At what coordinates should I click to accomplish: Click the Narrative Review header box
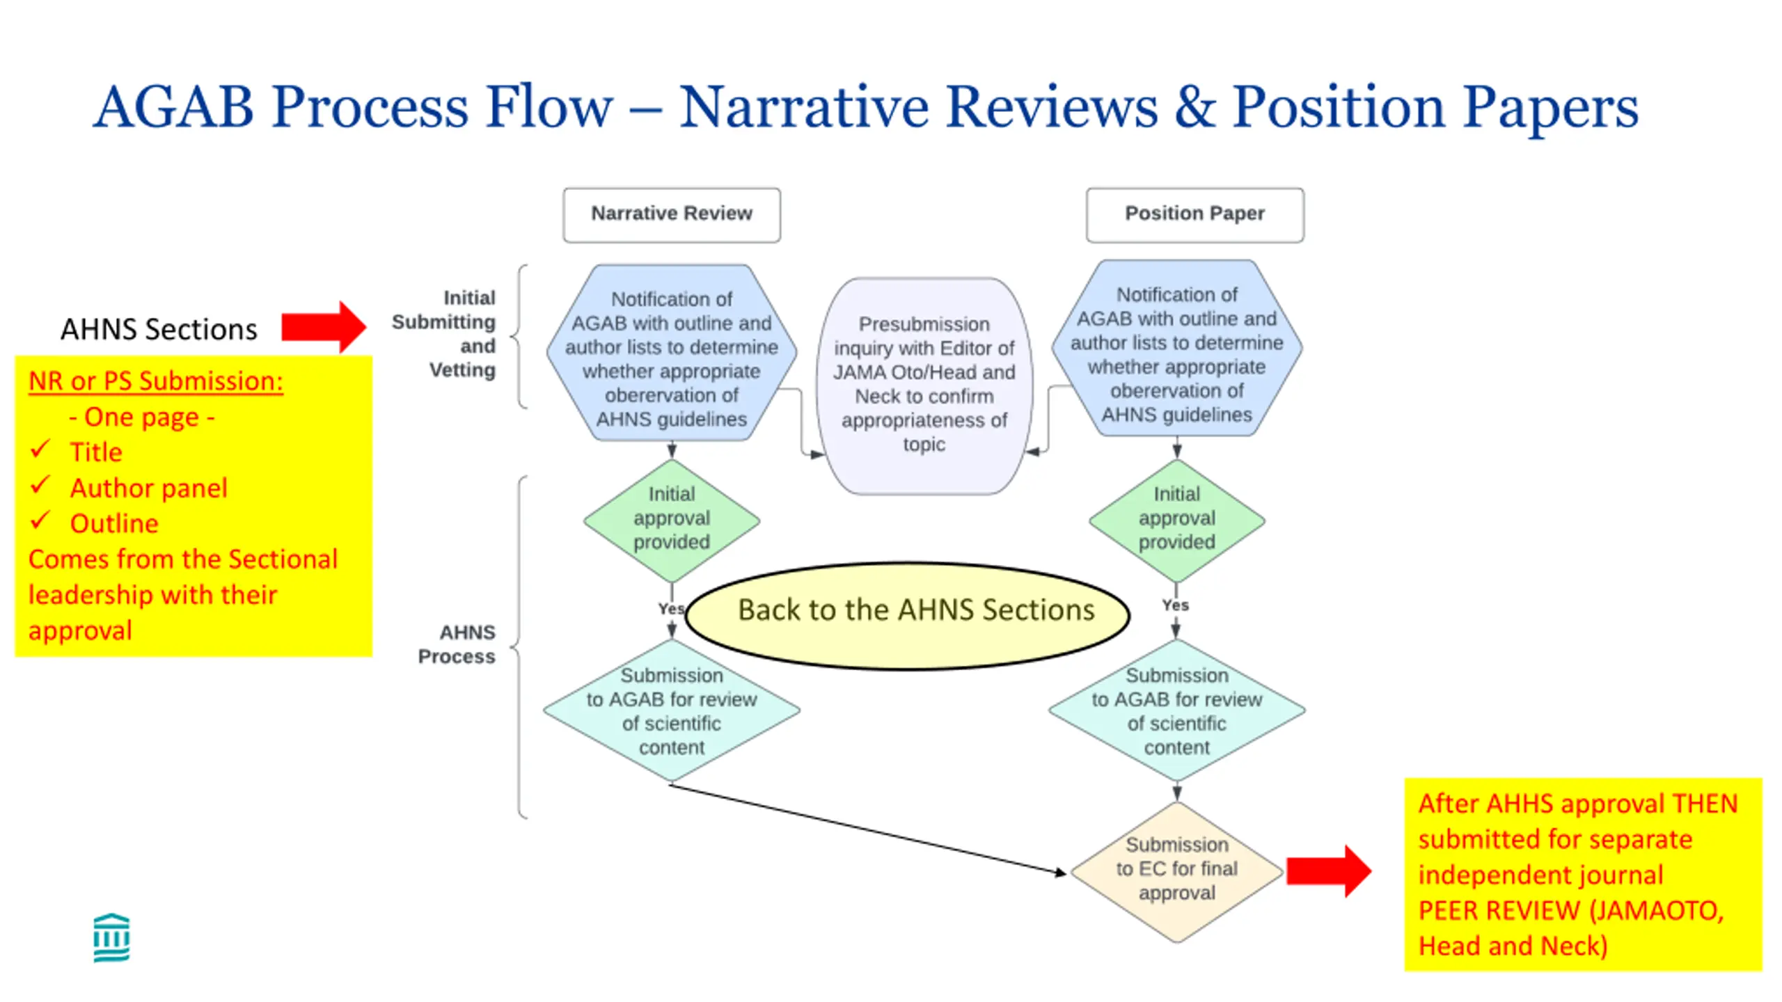(x=672, y=214)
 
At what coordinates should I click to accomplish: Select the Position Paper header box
(x=1194, y=214)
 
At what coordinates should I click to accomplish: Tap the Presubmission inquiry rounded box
(x=924, y=385)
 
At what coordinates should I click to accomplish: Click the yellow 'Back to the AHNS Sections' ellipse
(x=908, y=616)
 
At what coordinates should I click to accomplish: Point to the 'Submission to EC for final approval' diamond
(x=1176, y=871)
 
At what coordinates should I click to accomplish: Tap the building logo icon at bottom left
(x=111, y=937)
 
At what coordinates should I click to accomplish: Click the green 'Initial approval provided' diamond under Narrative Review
(x=672, y=520)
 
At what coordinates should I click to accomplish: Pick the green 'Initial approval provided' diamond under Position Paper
(x=1176, y=520)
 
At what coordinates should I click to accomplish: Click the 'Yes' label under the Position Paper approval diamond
(x=1175, y=605)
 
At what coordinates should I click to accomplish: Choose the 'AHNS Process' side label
(x=457, y=644)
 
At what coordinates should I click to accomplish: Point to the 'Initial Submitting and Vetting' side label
(x=444, y=334)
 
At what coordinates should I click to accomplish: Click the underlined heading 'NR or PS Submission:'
(x=156, y=381)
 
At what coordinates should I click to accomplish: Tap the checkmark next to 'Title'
(x=40, y=450)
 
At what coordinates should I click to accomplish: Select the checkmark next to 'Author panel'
(x=40, y=485)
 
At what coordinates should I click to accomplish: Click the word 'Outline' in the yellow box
(x=114, y=523)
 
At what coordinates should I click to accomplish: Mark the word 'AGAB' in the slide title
(x=174, y=107)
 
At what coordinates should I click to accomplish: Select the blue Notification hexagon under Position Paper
(x=1176, y=349)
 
